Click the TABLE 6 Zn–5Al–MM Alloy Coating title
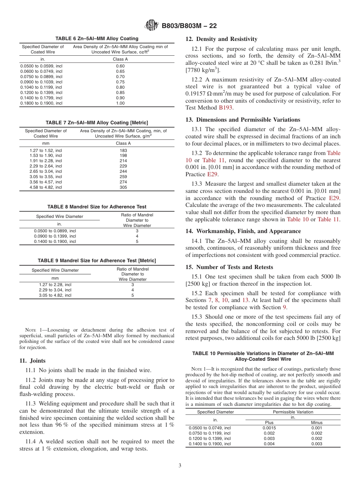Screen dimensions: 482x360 pyautogui.click(x=97, y=39)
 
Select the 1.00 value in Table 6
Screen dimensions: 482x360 pyautogui.click(x=120, y=103)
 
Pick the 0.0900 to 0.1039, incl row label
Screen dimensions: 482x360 pyautogui.click(x=41, y=82)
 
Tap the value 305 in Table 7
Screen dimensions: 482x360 pyautogui.click(x=123, y=187)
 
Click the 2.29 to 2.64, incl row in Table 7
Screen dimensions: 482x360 pyautogui.click(x=45, y=166)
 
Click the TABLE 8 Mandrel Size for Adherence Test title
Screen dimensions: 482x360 pyautogui.click(x=97, y=207)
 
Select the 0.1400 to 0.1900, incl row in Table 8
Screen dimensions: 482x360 pyautogui.click(x=55, y=241)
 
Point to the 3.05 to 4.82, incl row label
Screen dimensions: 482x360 pyautogui.click(x=55, y=295)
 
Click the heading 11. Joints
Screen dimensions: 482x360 pyautogui.click(x=33, y=361)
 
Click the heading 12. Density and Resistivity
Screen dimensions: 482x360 pyautogui.click(x=221, y=39)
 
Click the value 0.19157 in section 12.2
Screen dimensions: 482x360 pyautogui.click(x=196, y=94)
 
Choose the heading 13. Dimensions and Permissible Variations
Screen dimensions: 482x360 pyautogui.click(x=243, y=120)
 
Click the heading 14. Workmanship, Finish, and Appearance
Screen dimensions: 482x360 pyautogui.click(x=243, y=231)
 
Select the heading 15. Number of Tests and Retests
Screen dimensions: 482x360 pyautogui.click(x=229, y=267)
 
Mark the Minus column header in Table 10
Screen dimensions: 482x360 pyautogui.click(x=316, y=423)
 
